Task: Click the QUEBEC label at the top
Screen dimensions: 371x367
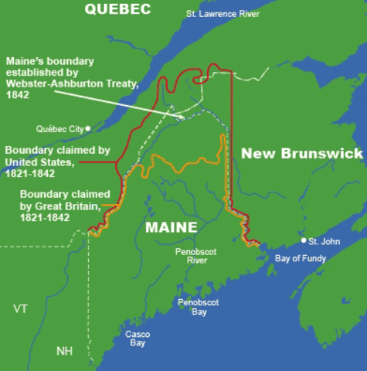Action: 117,9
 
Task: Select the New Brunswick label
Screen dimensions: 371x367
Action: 301,154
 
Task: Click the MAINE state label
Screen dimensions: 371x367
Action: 171,227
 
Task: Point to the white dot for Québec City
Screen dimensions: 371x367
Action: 88,128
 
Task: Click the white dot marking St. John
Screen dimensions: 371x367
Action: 304,241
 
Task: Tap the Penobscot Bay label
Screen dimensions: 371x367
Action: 193,307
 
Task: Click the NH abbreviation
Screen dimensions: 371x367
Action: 65,352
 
